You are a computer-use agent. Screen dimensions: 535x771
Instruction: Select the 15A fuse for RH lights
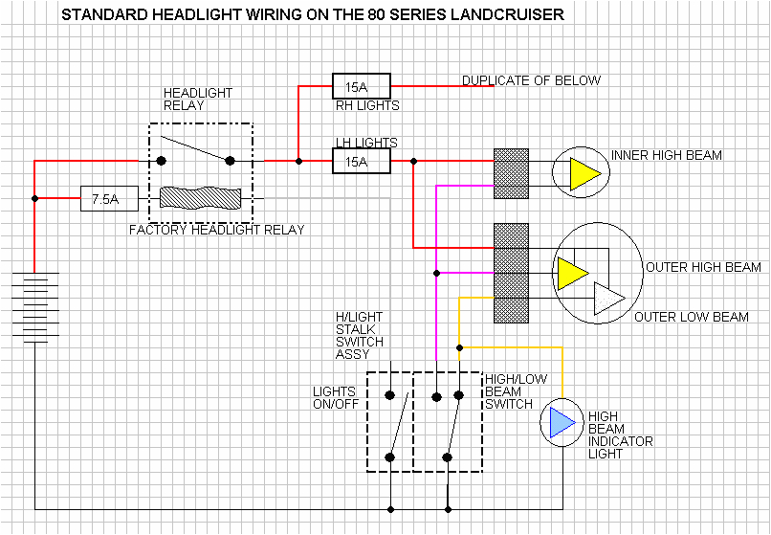tap(361, 86)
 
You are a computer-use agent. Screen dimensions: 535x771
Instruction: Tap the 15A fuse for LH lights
tap(361, 162)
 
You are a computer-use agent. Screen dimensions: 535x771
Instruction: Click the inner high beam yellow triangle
tap(584, 173)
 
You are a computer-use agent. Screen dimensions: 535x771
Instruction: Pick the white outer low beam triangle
tap(607, 300)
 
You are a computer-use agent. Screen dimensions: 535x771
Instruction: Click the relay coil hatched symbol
tap(200, 198)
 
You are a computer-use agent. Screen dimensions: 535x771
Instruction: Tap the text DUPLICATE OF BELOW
tap(531, 80)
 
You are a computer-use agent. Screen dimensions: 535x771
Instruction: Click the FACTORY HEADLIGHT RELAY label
tap(217, 230)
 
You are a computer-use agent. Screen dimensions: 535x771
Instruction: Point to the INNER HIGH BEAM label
tap(666, 155)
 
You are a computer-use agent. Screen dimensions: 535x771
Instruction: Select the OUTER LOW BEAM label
tap(692, 317)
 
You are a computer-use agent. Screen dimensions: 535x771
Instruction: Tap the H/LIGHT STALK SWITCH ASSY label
tap(359, 336)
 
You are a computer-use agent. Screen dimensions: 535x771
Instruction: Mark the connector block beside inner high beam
tap(511, 174)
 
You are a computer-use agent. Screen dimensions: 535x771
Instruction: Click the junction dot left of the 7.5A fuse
tap(34, 199)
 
